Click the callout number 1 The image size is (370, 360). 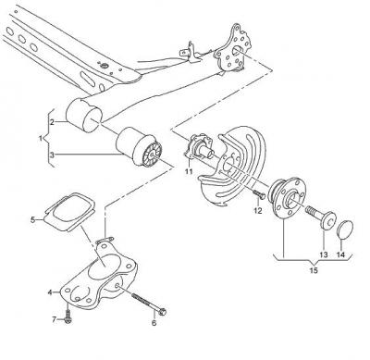pyautogui.click(x=41, y=139)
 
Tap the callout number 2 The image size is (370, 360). pyautogui.click(x=52, y=122)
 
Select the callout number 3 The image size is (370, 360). pyautogui.click(x=52, y=155)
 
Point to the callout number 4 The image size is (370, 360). pyautogui.click(x=50, y=292)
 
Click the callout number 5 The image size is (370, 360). pyautogui.click(x=33, y=220)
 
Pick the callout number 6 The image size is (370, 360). pyautogui.click(x=154, y=323)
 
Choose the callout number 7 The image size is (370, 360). pyautogui.click(x=55, y=319)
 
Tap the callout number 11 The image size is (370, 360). pyautogui.click(x=189, y=171)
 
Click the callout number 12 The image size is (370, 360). pyautogui.click(x=258, y=211)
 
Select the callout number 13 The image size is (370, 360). pyautogui.click(x=324, y=254)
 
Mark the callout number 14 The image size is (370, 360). pyautogui.click(x=340, y=254)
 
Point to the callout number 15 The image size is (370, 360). pyautogui.click(x=314, y=270)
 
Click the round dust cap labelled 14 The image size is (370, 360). pyautogui.click(x=345, y=230)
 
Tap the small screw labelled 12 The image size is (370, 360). pyautogui.click(x=259, y=194)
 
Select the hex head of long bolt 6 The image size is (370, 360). pyautogui.click(x=163, y=312)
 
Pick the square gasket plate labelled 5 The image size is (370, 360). pyautogui.click(x=69, y=212)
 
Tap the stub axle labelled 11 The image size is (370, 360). pyautogui.click(x=199, y=146)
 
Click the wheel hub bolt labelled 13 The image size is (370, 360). pyautogui.click(x=321, y=217)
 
